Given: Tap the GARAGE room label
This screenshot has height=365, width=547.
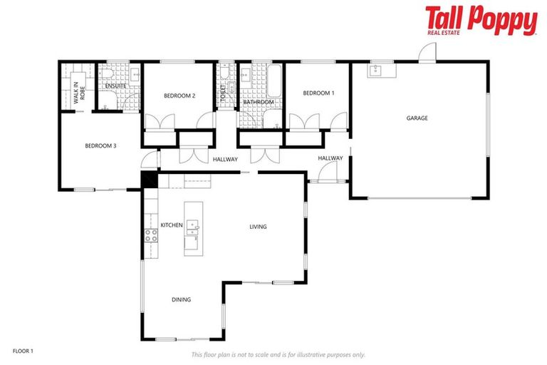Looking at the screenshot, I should click(x=417, y=118).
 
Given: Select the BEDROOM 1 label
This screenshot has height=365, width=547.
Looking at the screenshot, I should click(x=318, y=93).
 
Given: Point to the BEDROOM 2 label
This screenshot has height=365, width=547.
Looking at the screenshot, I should click(x=179, y=96).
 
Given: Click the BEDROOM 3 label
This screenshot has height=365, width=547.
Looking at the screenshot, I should click(x=100, y=146).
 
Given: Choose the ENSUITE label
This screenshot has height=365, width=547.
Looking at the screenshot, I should click(x=115, y=86).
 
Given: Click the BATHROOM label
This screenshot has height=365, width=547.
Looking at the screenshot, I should click(x=258, y=102).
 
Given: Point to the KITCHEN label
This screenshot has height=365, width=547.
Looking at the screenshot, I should click(x=172, y=225).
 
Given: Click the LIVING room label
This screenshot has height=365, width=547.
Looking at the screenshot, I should click(x=258, y=227).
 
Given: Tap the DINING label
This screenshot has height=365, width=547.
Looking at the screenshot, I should click(x=181, y=300).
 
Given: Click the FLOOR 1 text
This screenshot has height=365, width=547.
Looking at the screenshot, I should click(x=23, y=351).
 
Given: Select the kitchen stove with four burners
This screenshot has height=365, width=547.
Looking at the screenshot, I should click(x=151, y=235).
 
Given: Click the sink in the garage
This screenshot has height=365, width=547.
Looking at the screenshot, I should click(x=376, y=70).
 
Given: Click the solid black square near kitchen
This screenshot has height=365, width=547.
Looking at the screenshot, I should click(x=148, y=179).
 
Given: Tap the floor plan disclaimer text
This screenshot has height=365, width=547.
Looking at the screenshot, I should click(x=278, y=354).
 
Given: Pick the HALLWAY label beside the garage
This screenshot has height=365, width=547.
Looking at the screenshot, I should click(x=330, y=158).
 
